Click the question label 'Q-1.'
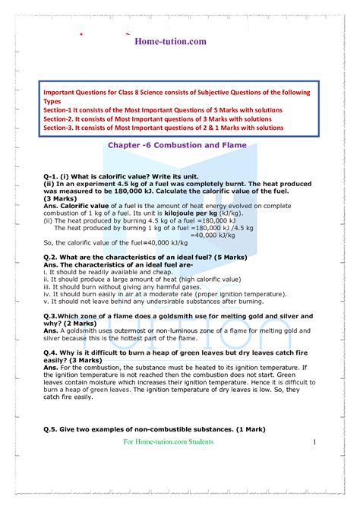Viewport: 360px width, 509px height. click(x=53, y=175)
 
